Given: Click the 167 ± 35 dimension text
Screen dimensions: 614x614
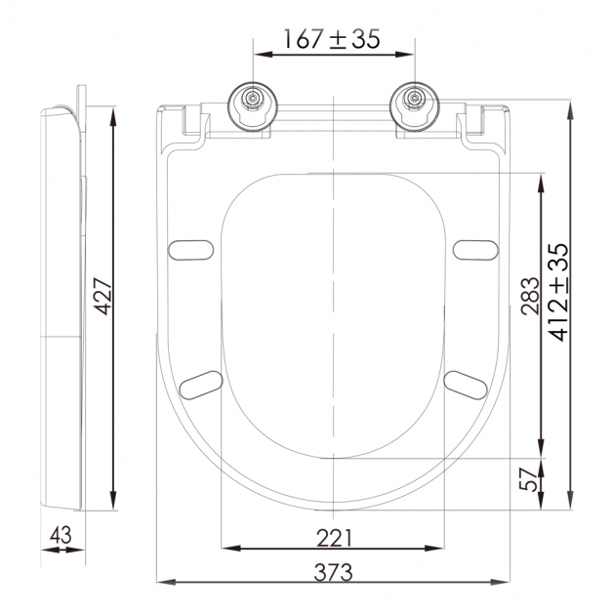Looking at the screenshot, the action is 331,39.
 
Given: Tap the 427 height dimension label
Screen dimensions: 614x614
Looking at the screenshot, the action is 104,296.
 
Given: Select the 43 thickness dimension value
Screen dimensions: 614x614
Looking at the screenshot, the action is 61,535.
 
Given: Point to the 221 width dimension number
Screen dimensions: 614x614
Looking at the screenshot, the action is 334,538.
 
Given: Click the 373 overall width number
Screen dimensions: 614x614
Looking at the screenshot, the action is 333,572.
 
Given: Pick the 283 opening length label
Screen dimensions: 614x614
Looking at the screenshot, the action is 530,296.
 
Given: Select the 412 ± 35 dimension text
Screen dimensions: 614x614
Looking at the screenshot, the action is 558,292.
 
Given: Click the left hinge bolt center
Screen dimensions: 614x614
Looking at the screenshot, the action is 253,97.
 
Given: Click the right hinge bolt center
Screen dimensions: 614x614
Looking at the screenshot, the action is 414,97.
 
